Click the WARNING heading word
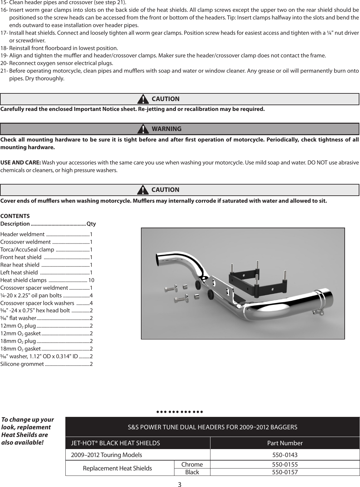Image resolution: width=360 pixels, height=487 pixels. click(x=166, y=129)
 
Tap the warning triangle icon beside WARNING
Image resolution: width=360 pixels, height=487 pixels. click(x=144, y=129)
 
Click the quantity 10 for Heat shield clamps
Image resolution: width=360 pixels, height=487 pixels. click(x=91, y=280)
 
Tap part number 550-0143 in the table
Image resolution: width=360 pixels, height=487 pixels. click(x=285, y=454)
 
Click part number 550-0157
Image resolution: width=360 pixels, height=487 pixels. click(x=285, y=472)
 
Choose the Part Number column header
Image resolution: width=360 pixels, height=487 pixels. click(x=285, y=443)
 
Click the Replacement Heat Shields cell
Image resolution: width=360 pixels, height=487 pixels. click(x=117, y=468)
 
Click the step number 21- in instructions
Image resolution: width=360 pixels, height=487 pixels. click(x=4, y=71)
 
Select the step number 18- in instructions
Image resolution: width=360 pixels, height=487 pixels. click(x=4, y=48)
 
